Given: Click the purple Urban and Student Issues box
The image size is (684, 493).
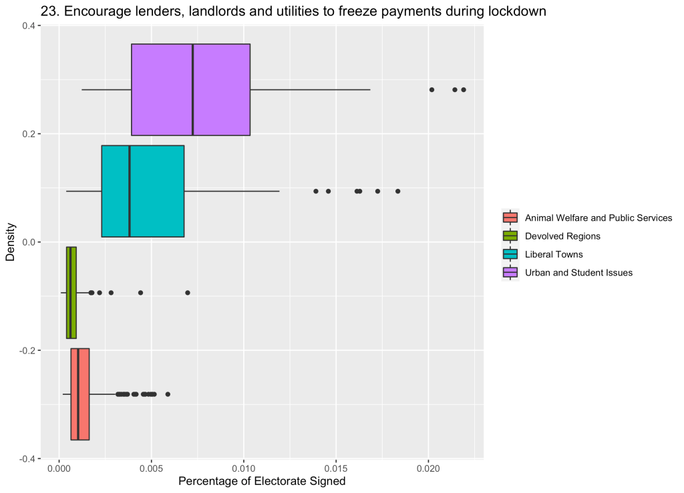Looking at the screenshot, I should tap(190, 89).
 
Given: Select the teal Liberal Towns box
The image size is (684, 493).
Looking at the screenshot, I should tap(142, 191).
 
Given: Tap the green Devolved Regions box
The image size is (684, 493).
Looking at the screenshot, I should tap(71, 292).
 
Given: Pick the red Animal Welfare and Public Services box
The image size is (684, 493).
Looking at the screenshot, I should tap(80, 394).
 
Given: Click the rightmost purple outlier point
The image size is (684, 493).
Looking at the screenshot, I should tap(464, 89).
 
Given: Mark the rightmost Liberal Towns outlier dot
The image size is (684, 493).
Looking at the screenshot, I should tap(397, 191).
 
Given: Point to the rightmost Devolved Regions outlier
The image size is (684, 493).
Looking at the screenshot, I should tap(188, 292).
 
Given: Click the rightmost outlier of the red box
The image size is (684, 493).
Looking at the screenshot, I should tap(168, 394).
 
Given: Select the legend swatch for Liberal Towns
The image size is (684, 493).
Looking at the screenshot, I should tap(510, 254).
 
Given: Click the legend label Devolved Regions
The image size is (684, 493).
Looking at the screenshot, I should tap(562, 236).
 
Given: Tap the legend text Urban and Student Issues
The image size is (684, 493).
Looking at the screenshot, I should tap(578, 272).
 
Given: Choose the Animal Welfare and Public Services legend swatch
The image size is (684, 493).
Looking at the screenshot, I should tap(510, 217).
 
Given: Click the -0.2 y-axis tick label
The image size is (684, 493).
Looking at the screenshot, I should tap(27, 350).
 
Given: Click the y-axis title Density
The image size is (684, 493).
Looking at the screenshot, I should tap(10, 242).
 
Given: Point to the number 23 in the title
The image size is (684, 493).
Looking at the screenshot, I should tap(47, 11).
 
